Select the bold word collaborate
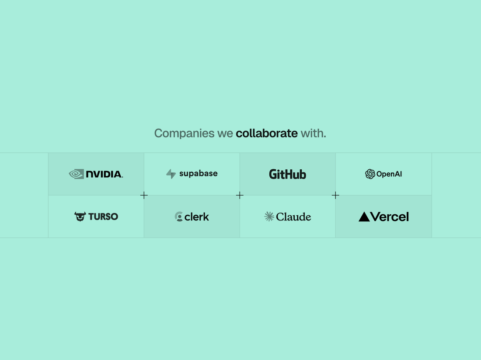[x=267, y=133]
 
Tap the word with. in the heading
[x=313, y=133]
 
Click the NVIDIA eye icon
[x=77, y=174]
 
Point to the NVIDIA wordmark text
[x=105, y=175]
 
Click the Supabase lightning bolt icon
[x=171, y=174]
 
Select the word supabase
[x=199, y=173]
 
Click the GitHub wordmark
[x=287, y=175]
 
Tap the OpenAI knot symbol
[x=370, y=174]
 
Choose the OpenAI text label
[x=389, y=174]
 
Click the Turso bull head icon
[x=80, y=217]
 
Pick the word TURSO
[x=103, y=217]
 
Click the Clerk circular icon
[x=178, y=217]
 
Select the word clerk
[x=197, y=217]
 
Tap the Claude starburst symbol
[x=269, y=217]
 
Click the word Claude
[x=293, y=217]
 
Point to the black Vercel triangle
[x=364, y=217]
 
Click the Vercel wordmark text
[x=390, y=217]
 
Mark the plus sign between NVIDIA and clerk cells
[x=144, y=195]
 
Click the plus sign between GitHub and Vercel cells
[x=335, y=195]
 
